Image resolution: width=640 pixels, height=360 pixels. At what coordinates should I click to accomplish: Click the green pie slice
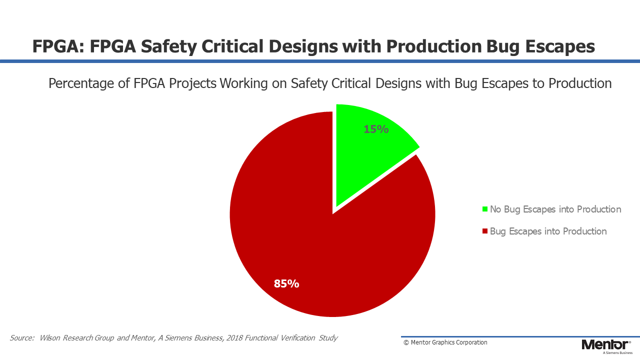[368, 154]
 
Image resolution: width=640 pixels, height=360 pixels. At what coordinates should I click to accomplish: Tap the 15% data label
[376, 129]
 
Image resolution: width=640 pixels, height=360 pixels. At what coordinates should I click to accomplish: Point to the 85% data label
[286, 283]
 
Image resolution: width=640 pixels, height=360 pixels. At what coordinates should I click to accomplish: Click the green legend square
[485, 209]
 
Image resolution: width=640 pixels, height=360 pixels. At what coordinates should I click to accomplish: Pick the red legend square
[485, 231]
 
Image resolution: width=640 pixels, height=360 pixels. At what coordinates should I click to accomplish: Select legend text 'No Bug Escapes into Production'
[555, 209]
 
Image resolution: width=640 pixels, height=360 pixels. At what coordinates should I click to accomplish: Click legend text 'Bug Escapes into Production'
[548, 231]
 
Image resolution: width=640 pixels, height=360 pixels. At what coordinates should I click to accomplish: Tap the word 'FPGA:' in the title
[59, 46]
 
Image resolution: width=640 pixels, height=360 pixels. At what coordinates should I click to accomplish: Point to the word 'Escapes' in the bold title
[560, 47]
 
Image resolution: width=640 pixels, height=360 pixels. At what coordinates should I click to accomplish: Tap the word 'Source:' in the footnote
[22, 338]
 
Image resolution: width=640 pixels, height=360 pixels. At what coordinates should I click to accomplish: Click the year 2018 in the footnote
[234, 338]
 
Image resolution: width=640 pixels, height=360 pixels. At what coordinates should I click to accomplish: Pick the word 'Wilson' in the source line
[49, 338]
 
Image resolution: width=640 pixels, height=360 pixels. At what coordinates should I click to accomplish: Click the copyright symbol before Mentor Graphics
[406, 342]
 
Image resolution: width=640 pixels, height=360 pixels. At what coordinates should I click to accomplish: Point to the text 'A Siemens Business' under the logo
[617, 353]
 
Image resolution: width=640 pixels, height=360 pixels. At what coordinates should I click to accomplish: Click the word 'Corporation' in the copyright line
[471, 342]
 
